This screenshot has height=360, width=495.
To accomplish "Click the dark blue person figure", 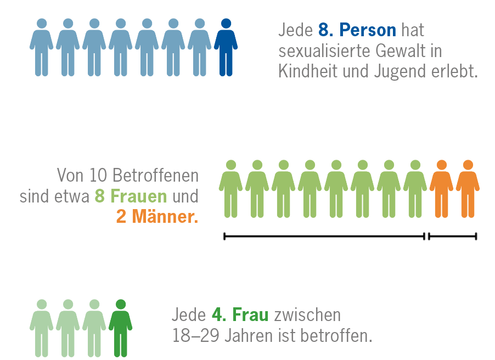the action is [x=226, y=47].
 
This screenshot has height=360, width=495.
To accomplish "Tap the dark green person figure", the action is [x=121, y=328].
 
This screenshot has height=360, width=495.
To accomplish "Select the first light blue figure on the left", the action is [x=41, y=47].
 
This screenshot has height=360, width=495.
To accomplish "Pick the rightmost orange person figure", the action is [x=468, y=189].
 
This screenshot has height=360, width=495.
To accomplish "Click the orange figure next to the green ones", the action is [x=441, y=189].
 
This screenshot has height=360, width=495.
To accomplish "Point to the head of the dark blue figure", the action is [x=226, y=24].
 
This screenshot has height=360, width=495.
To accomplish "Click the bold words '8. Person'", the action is [x=357, y=30].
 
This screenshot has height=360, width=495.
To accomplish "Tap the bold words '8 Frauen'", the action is [x=131, y=196].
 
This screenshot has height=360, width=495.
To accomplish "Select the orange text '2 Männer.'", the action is [x=157, y=217].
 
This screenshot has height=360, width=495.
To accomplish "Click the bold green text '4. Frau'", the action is [x=240, y=315].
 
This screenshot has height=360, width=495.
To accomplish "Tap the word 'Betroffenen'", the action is [x=156, y=175].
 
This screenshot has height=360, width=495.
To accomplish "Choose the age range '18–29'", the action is [x=196, y=335].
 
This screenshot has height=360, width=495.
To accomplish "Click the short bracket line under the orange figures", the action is [x=453, y=236].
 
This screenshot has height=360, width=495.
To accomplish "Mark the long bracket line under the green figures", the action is [x=324, y=236].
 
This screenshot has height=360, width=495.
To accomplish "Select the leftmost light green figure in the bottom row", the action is [x=41, y=328].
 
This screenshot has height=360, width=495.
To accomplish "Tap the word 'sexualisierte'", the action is [x=324, y=51].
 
